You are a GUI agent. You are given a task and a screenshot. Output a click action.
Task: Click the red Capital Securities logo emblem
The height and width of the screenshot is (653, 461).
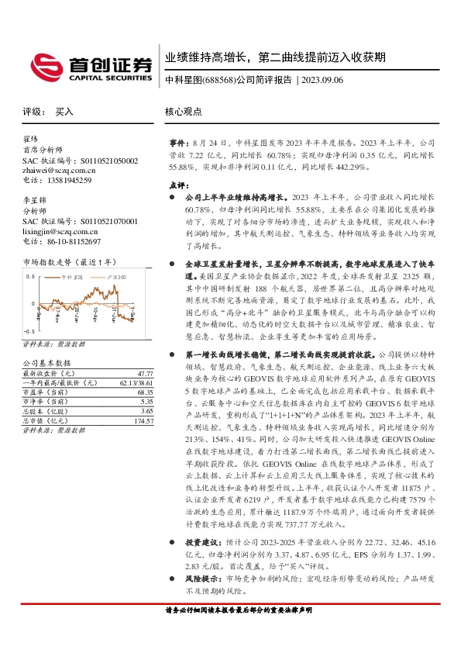[x=44, y=66]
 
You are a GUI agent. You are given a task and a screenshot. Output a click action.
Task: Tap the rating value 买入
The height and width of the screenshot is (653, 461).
[x=64, y=112]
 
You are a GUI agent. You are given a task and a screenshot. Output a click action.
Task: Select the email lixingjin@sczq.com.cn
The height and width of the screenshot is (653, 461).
[x=60, y=231]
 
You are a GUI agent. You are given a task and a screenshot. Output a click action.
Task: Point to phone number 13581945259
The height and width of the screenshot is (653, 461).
[x=68, y=181]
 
